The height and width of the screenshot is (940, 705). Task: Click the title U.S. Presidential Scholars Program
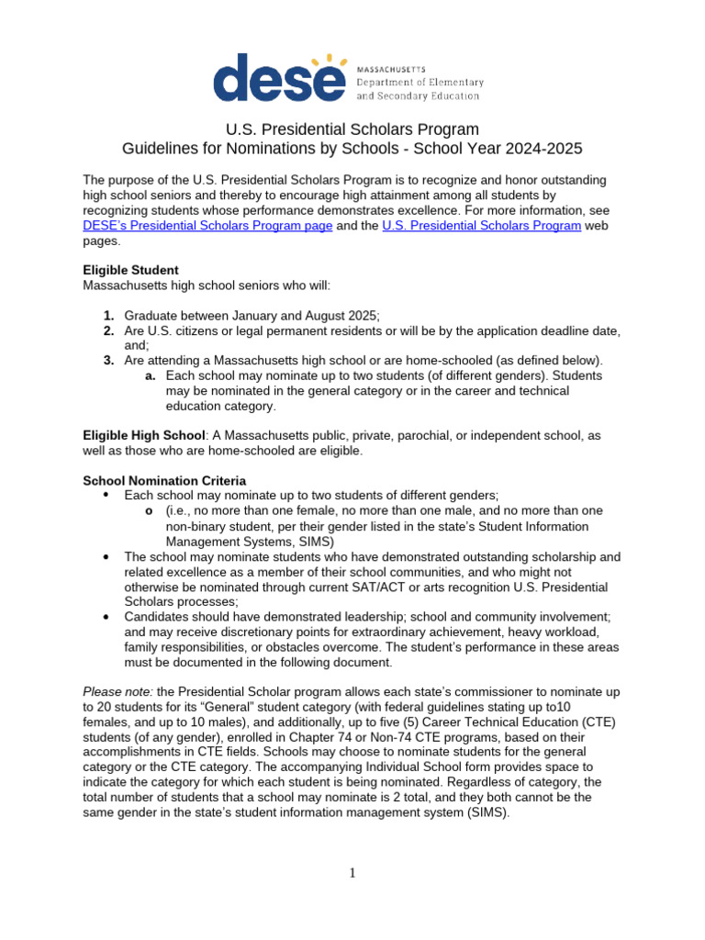(352, 129)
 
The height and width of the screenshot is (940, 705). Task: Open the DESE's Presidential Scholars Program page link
(207, 226)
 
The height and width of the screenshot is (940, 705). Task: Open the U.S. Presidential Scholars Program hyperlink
(481, 226)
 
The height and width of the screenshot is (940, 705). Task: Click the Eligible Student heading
(130, 270)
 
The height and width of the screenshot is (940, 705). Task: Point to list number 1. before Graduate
(108, 316)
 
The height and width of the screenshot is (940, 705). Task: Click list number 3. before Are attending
(108, 361)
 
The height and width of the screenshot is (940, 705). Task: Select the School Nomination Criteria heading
(164, 480)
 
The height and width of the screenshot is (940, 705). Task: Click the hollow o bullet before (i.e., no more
(150, 510)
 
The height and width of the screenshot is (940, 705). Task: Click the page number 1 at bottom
(352, 873)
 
